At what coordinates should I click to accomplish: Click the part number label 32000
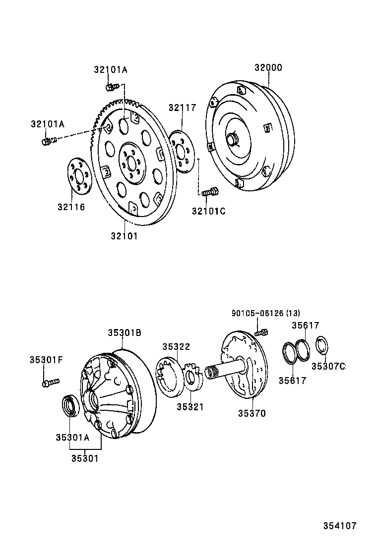268,68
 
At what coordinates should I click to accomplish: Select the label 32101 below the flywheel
124,236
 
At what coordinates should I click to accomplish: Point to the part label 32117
182,108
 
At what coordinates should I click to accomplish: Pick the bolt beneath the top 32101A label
111,87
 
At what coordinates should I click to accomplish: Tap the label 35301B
125,333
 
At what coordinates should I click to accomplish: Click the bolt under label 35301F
50,382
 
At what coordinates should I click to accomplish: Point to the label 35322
177,346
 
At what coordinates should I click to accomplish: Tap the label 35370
251,413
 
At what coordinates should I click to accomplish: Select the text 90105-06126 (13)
265,313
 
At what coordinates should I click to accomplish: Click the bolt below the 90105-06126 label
261,332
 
